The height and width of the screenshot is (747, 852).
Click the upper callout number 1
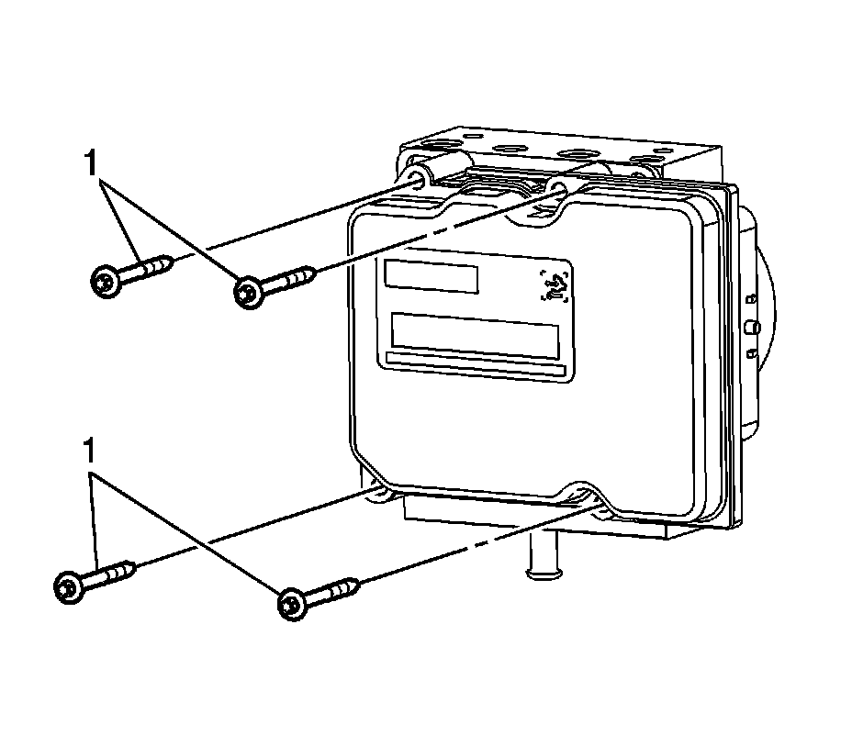(x=89, y=165)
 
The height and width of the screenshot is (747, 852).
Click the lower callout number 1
(x=89, y=453)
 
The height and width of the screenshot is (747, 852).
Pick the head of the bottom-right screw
(x=290, y=603)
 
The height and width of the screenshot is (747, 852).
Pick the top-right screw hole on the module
(x=556, y=191)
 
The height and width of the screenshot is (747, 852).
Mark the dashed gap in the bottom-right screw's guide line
(x=483, y=543)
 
